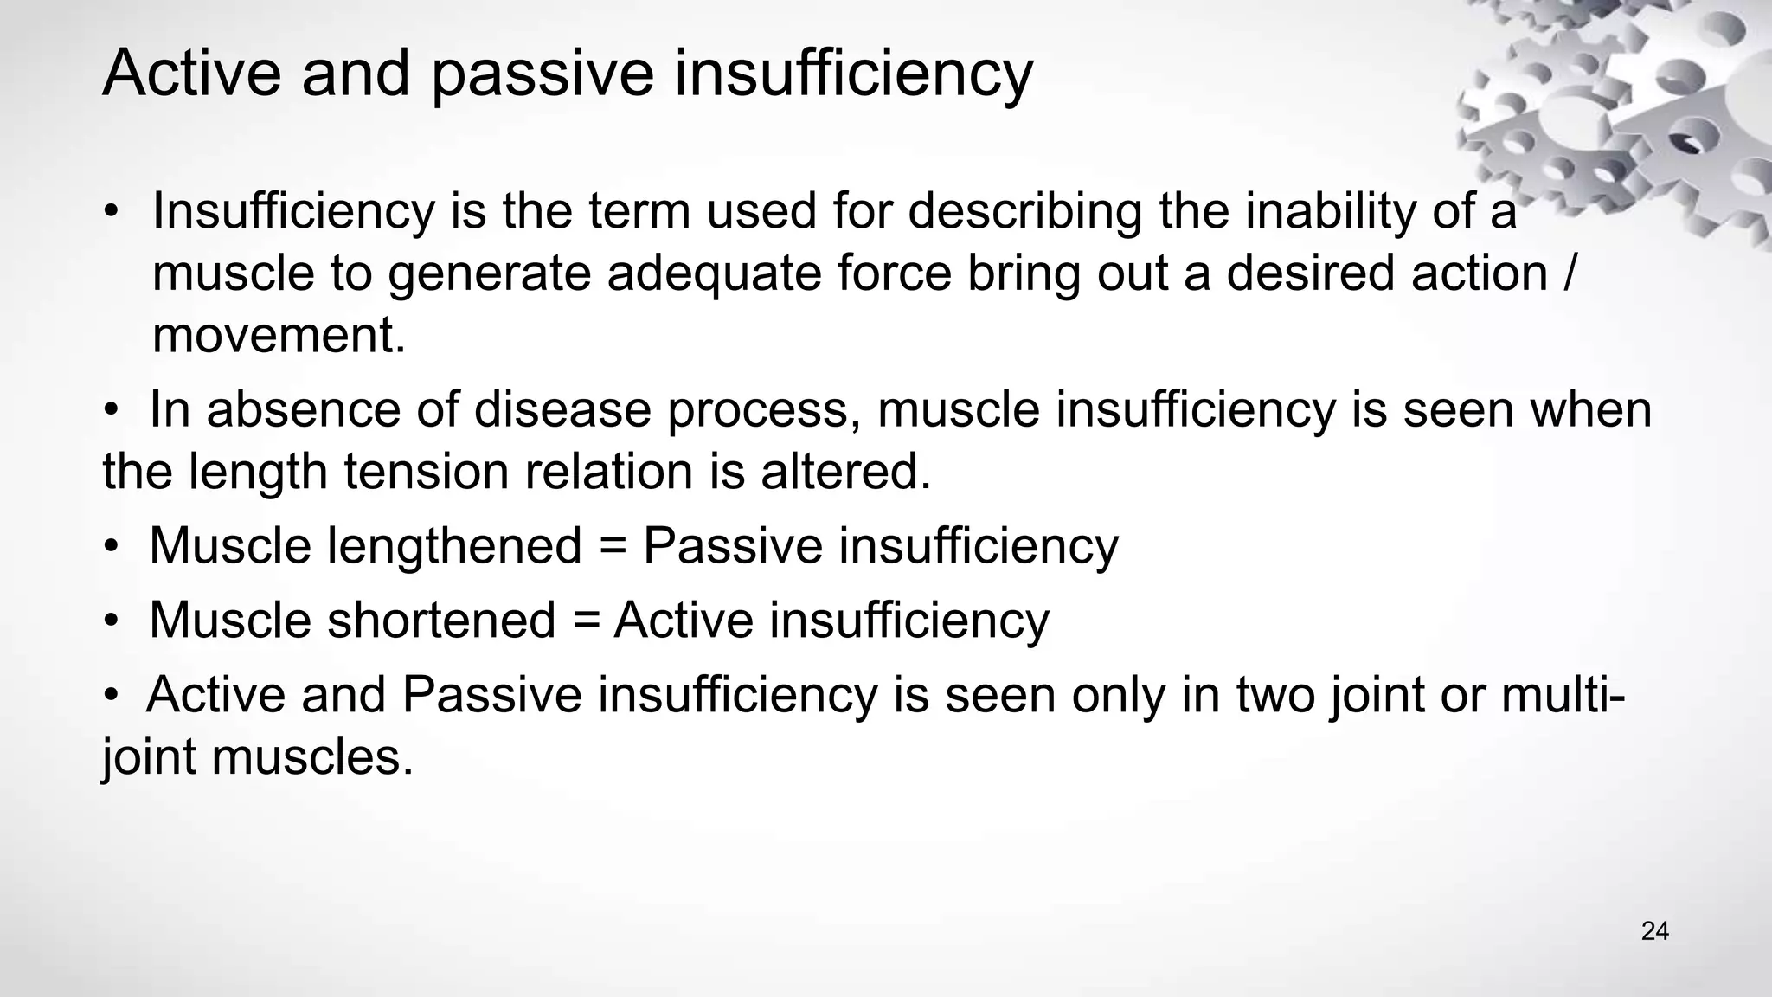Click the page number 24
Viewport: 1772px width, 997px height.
(1654, 932)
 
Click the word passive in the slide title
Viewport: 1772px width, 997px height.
(542, 74)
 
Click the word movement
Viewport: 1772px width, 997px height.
(279, 336)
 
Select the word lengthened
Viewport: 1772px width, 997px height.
(454, 546)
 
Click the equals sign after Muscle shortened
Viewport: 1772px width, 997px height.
(585, 621)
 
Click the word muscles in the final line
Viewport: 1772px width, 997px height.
(311, 757)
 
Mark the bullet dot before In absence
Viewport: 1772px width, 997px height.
(111, 411)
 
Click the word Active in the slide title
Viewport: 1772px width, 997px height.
(191, 74)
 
